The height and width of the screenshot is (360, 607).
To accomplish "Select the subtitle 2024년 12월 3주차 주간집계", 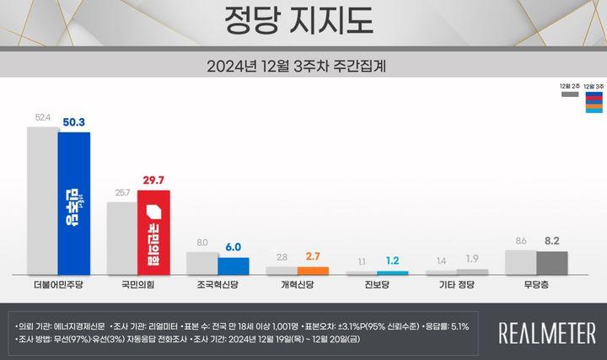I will (x=301, y=64).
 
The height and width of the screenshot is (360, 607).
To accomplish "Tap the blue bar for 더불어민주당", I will (x=74, y=202).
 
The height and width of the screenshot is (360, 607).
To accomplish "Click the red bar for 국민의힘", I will (x=154, y=231).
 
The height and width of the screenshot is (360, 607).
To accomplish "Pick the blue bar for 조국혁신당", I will (x=234, y=265).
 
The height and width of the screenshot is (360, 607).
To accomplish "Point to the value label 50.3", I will (x=74, y=123).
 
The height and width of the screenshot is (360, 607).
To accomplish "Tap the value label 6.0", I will (x=234, y=248).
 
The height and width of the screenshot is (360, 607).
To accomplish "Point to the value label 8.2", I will (x=553, y=241).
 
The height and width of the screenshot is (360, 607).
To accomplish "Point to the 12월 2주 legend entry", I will (x=569, y=89).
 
